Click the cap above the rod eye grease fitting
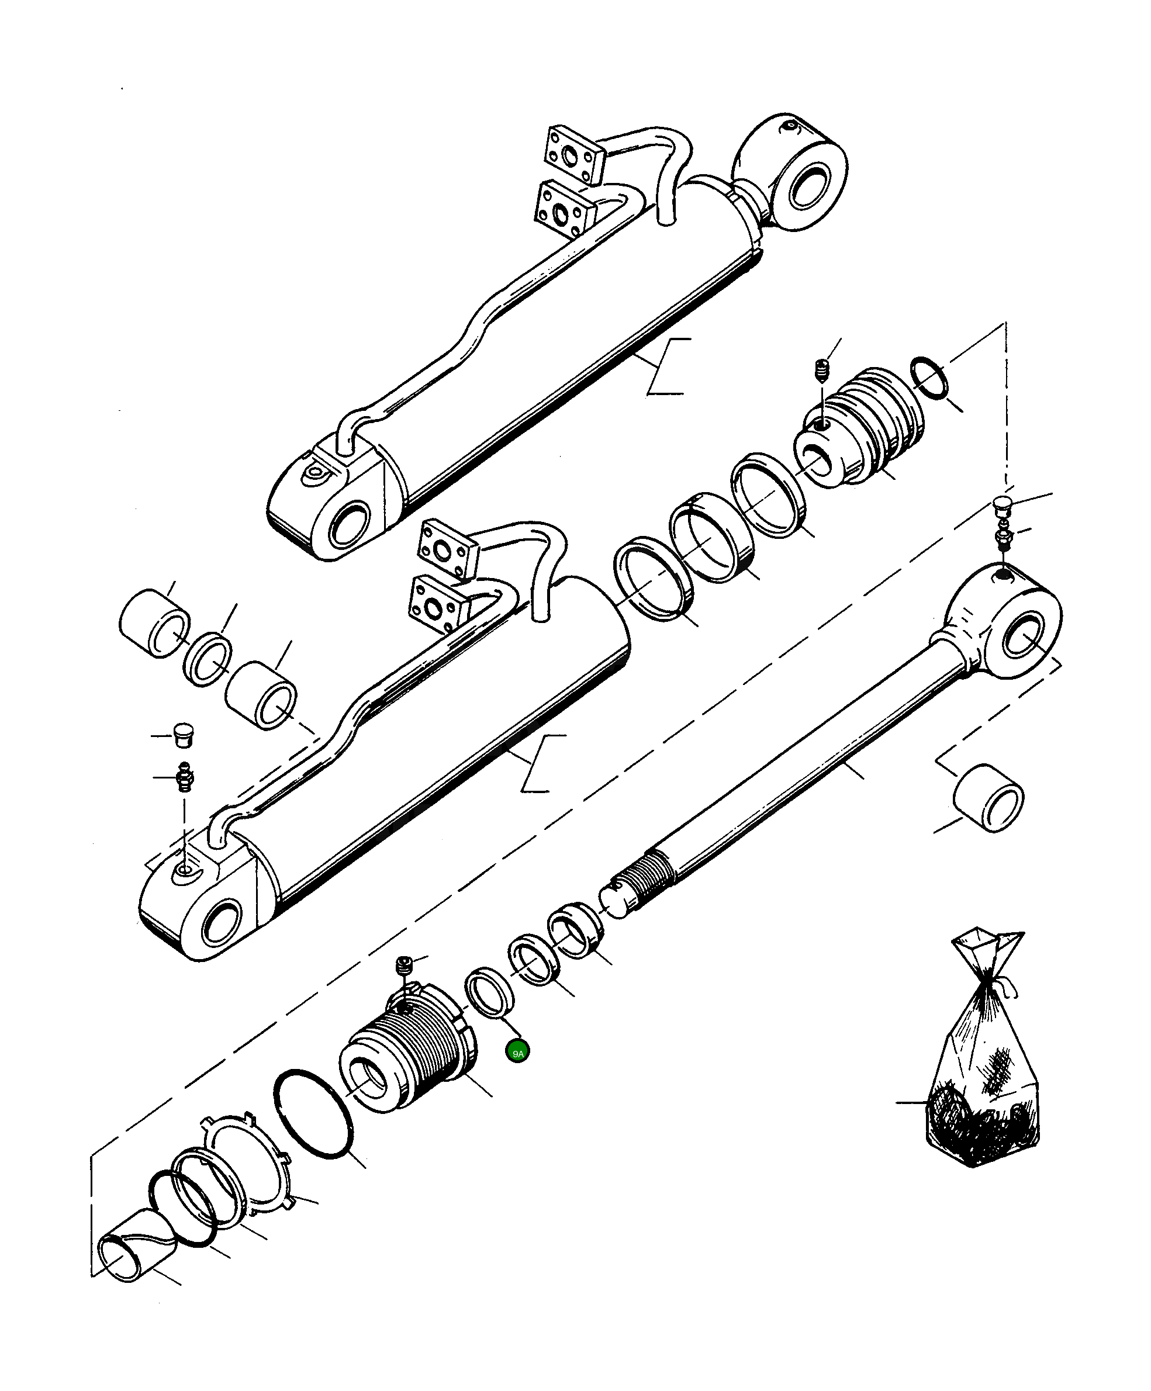click(x=1004, y=506)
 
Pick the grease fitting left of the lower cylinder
click(x=184, y=776)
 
